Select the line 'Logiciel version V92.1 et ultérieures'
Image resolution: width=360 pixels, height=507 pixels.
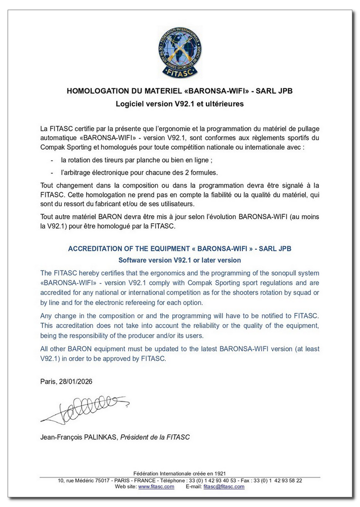(179, 104)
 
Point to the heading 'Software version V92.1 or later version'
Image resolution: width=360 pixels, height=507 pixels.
(179, 260)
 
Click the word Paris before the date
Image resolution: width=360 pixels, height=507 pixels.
(49, 381)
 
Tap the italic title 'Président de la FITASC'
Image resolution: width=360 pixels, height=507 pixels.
(155, 437)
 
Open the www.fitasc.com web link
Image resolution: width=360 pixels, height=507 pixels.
(156, 486)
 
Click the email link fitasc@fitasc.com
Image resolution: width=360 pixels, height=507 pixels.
(224, 486)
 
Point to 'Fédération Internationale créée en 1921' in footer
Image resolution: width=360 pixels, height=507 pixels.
(179, 474)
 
